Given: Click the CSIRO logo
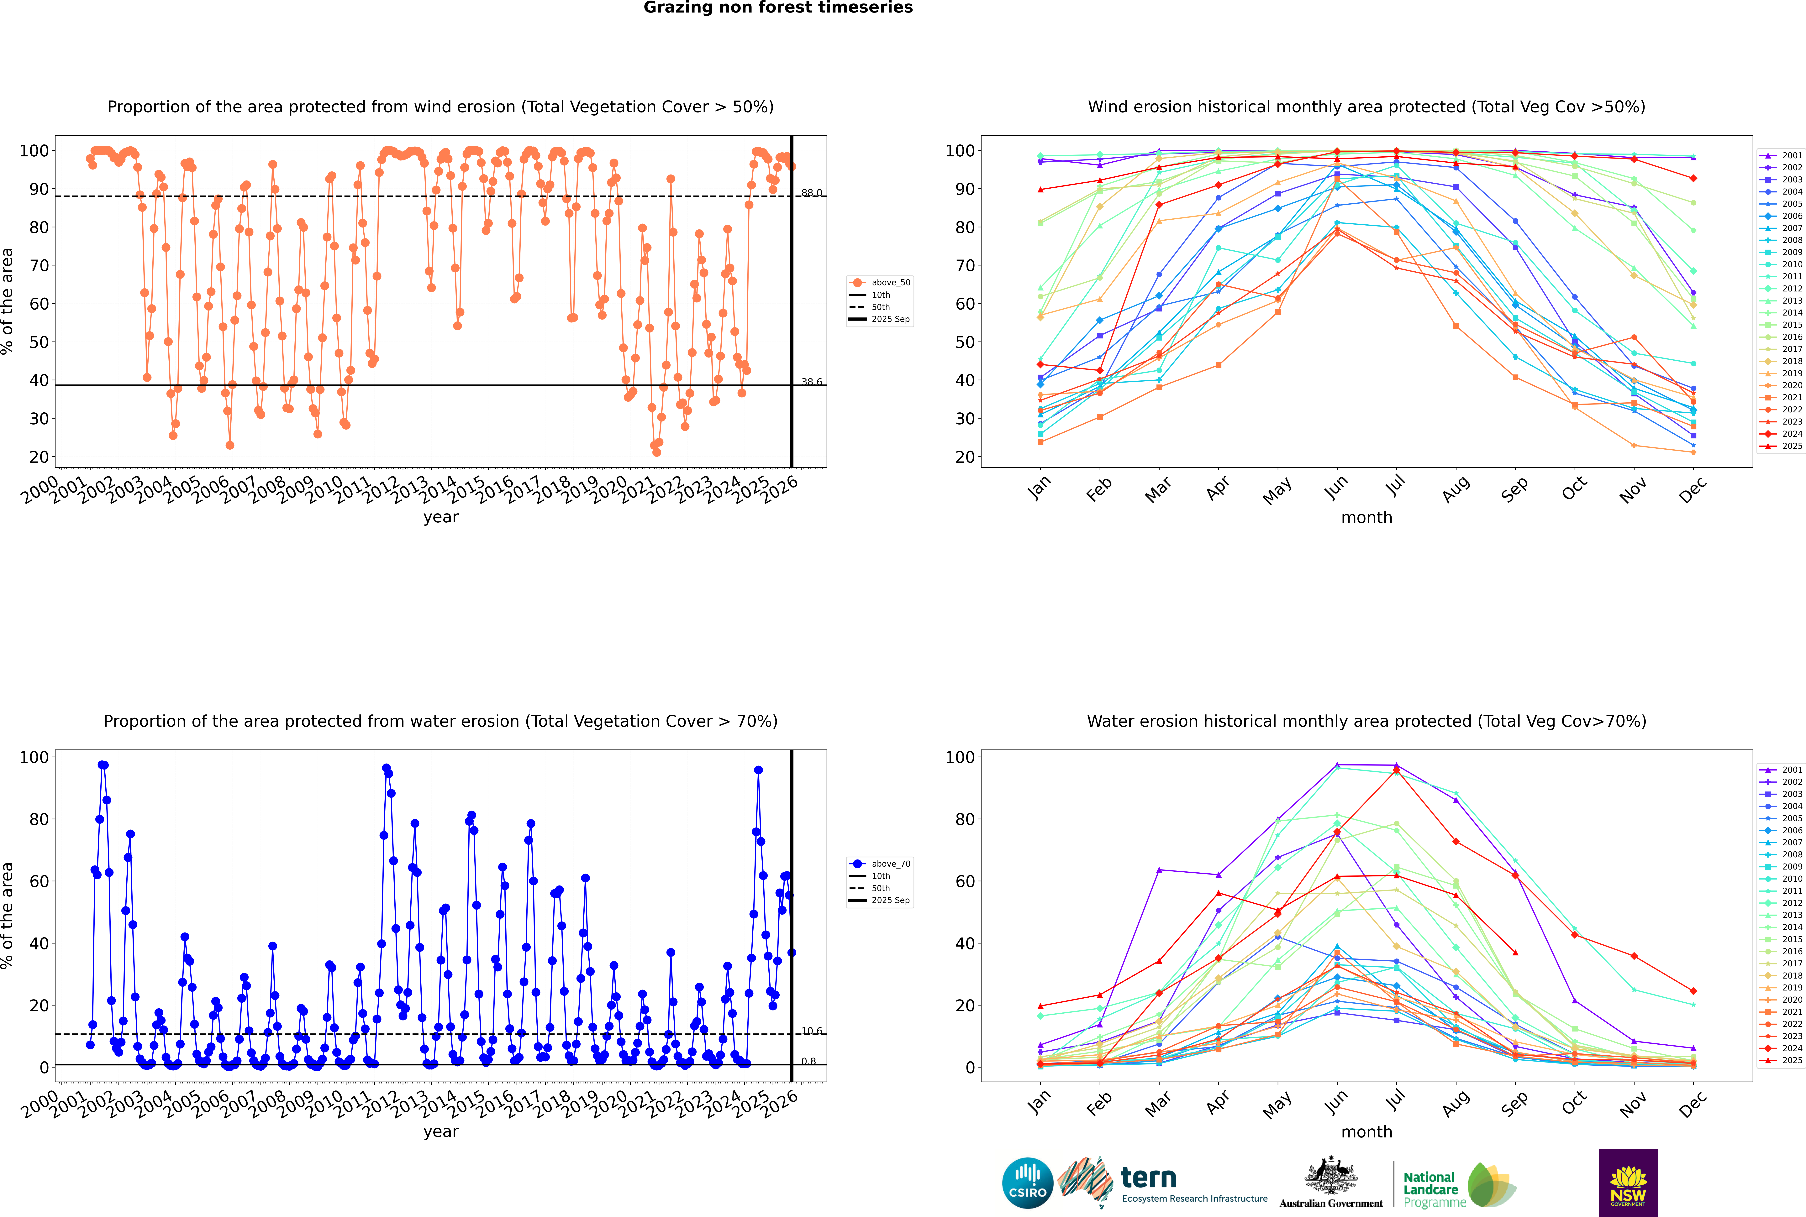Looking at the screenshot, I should coord(1027,1183).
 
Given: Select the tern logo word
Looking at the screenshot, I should coord(1148,1178).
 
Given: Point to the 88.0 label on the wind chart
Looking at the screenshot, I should coord(811,192).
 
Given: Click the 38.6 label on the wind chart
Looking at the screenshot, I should coord(811,382).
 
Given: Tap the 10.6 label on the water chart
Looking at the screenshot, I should coord(811,1031).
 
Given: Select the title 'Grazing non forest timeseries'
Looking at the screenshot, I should coord(778,8).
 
